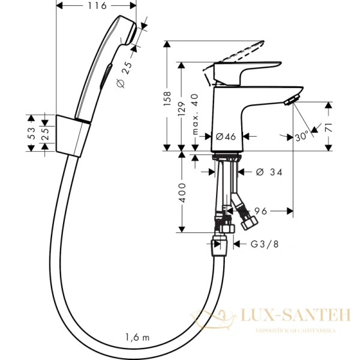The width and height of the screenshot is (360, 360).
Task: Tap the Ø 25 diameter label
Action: point(125,71)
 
